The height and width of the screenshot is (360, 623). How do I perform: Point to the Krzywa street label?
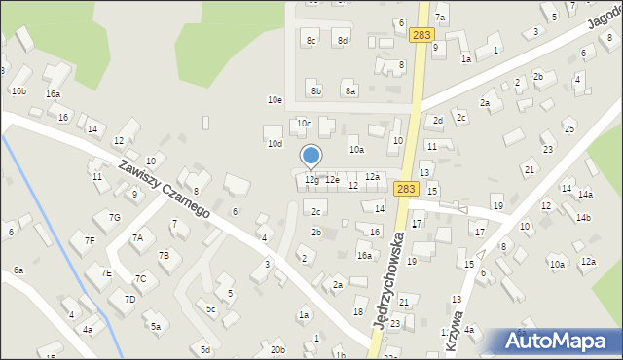click(x=458, y=325)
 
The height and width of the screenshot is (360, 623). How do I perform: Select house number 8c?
click(x=311, y=40)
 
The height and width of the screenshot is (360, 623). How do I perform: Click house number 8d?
click(x=342, y=40)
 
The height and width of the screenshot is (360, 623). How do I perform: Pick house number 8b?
click(x=315, y=90)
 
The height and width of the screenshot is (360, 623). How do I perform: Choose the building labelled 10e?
click(x=275, y=99)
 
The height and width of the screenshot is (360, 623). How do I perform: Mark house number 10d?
click(x=275, y=143)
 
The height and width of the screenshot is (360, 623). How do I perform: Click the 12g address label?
click(x=311, y=180)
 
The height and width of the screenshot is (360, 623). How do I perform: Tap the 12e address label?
click(x=332, y=180)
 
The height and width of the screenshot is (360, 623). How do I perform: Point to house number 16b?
click(x=18, y=90)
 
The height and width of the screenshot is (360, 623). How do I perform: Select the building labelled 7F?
click(x=89, y=239)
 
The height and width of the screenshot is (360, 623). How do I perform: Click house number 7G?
click(x=114, y=217)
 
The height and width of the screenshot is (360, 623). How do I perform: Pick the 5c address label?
click(x=210, y=308)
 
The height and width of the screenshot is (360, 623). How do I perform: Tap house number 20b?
click(x=277, y=349)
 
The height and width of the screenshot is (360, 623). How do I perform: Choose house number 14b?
click(x=582, y=217)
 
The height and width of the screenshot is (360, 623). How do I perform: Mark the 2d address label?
click(x=438, y=121)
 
